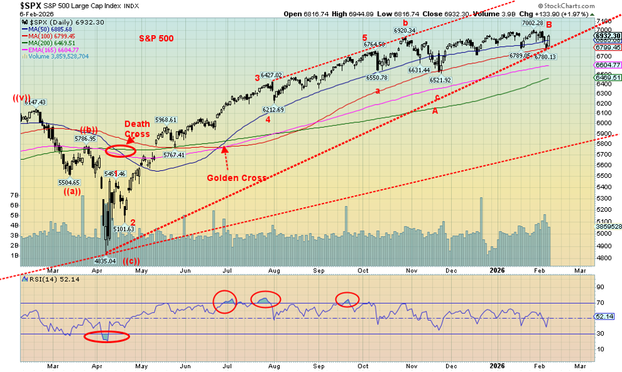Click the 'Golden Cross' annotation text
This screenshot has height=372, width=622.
[237, 178]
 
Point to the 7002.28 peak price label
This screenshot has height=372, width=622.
[527, 23]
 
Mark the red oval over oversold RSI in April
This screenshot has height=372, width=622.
[106, 337]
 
